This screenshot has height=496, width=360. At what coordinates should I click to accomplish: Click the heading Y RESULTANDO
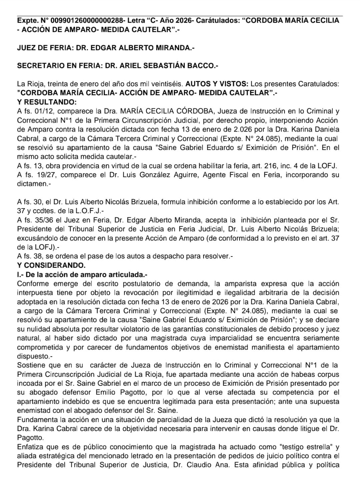[x=47, y=102]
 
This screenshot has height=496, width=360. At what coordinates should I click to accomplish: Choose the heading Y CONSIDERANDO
[x=51, y=265]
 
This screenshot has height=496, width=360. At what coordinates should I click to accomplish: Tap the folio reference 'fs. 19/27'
[x=37, y=175]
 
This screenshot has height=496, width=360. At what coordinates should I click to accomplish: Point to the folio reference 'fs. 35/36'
[x=37, y=220]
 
